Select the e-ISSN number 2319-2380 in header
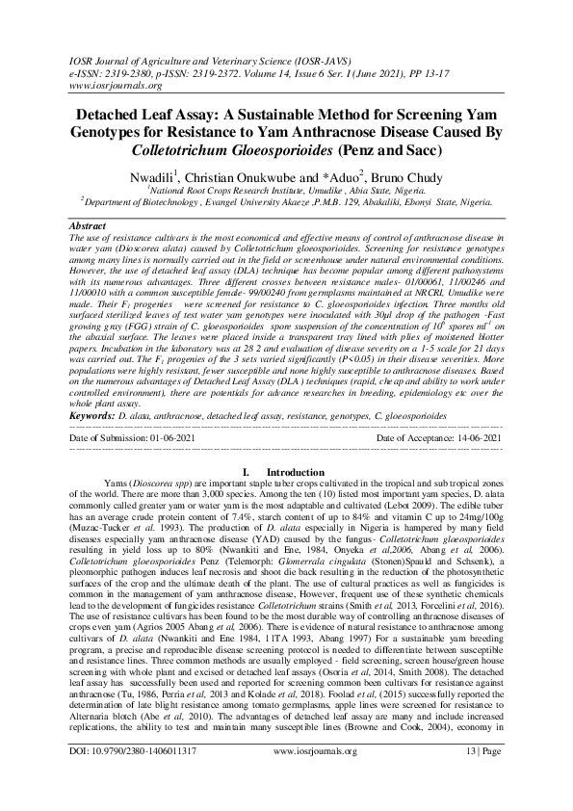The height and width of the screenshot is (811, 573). [131, 71]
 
